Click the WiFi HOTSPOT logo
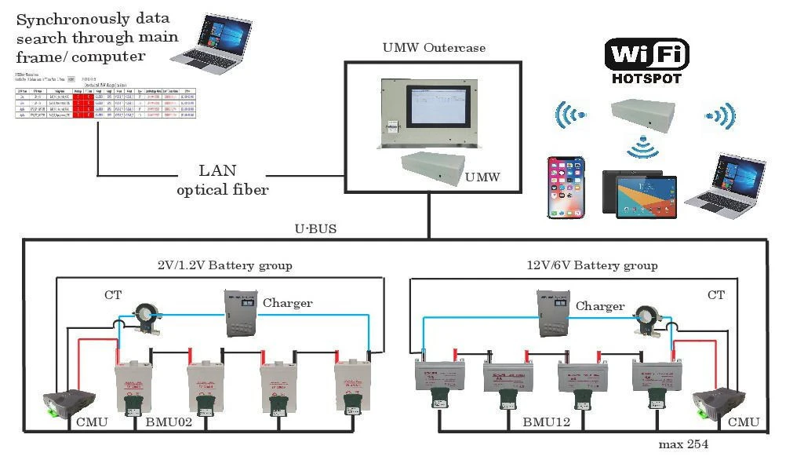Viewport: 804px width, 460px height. coord(646,61)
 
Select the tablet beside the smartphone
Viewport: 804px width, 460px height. coord(640,192)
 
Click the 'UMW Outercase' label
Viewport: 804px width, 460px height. coord(434,48)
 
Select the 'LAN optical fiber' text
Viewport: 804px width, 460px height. coord(222,180)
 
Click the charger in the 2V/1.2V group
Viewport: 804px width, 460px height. coord(241,313)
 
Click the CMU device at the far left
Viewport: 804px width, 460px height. coord(68,401)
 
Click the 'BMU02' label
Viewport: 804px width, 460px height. coord(169,422)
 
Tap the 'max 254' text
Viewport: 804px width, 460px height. coord(683,444)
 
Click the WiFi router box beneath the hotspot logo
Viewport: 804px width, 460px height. coord(643,115)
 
